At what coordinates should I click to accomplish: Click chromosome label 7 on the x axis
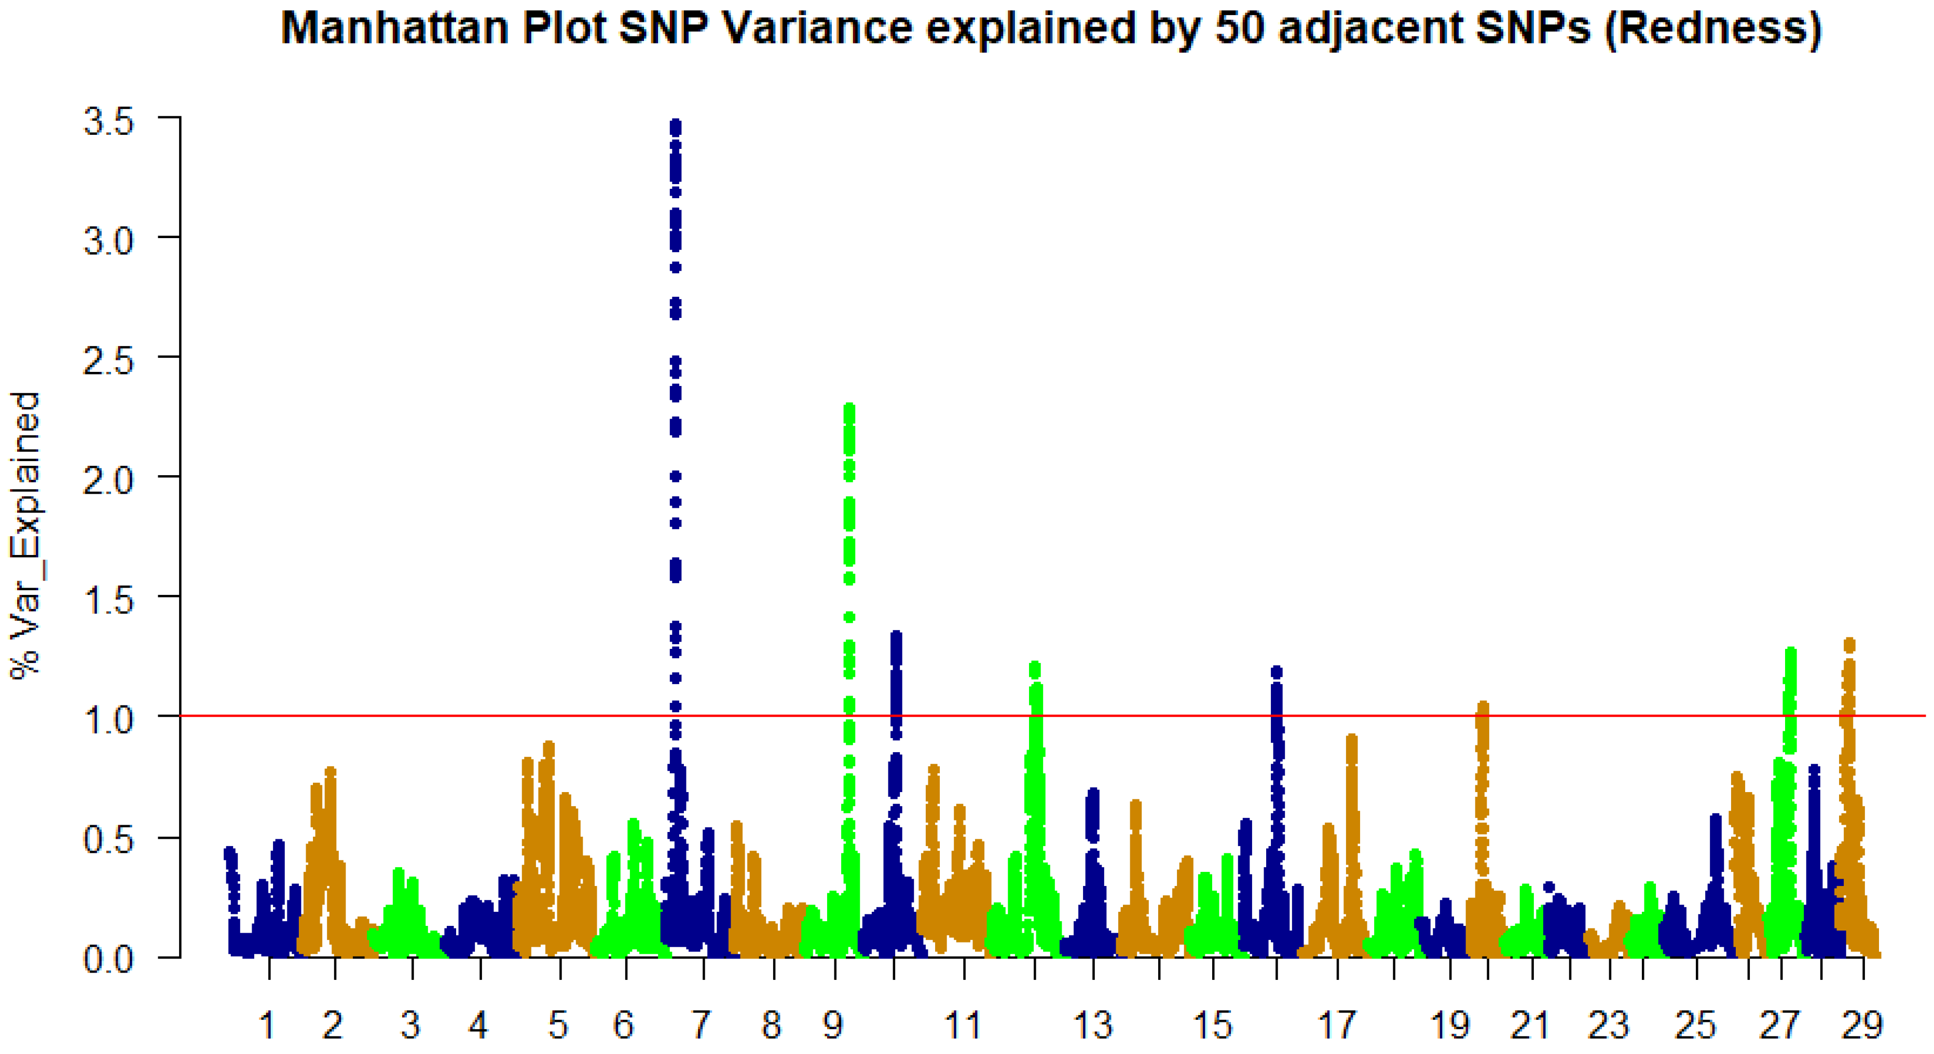click(x=701, y=1025)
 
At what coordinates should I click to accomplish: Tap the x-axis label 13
click(x=1093, y=1025)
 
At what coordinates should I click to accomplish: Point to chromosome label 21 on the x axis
click(x=1529, y=1025)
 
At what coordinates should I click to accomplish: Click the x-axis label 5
click(x=558, y=1025)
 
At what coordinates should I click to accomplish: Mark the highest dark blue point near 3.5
click(x=676, y=124)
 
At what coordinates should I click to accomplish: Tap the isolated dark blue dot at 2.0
click(x=676, y=476)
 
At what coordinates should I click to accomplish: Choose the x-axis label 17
click(x=1336, y=1025)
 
